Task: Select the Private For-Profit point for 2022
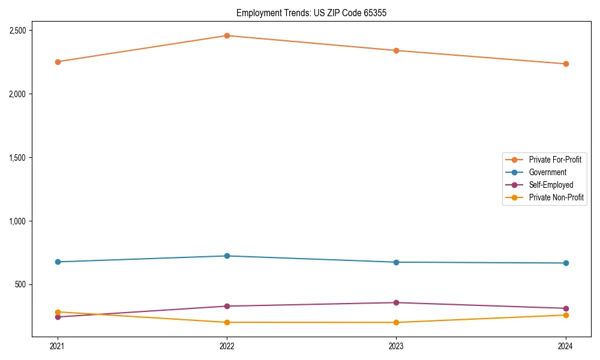coord(227,36)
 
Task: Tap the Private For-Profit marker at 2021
coord(58,62)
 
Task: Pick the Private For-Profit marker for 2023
coord(396,50)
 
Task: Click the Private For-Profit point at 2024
coord(566,64)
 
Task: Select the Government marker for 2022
coord(227,256)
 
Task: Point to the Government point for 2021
coord(58,262)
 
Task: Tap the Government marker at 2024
coord(566,263)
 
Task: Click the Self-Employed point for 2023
coord(396,303)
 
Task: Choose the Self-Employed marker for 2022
coord(227,307)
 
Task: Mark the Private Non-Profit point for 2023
coord(396,323)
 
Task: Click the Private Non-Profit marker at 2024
coord(566,316)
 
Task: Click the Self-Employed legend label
coord(551,185)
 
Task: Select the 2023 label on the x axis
coord(396,346)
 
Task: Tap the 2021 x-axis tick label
coord(58,346)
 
